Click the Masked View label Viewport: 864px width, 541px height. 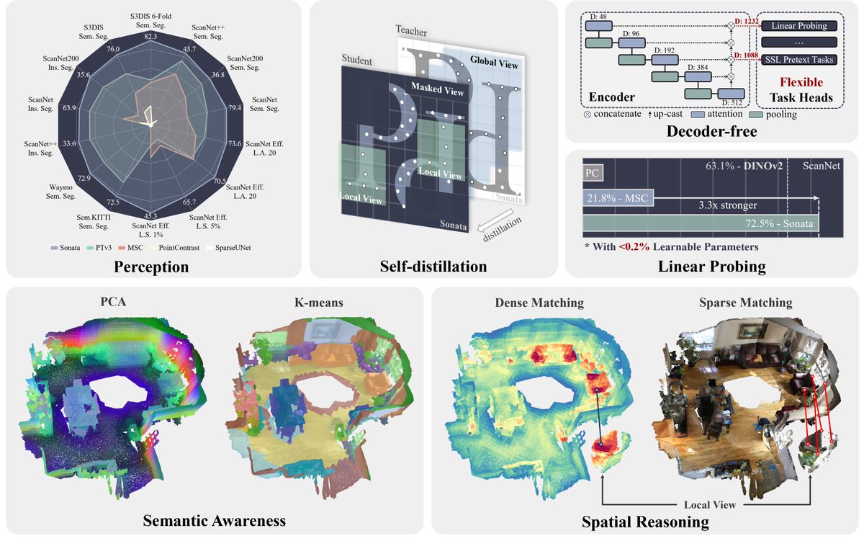(436, 87)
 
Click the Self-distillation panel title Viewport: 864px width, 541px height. (434, 267)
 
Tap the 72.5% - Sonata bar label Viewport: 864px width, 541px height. (780, 224)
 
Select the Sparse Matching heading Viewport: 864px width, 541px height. (747, 303)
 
